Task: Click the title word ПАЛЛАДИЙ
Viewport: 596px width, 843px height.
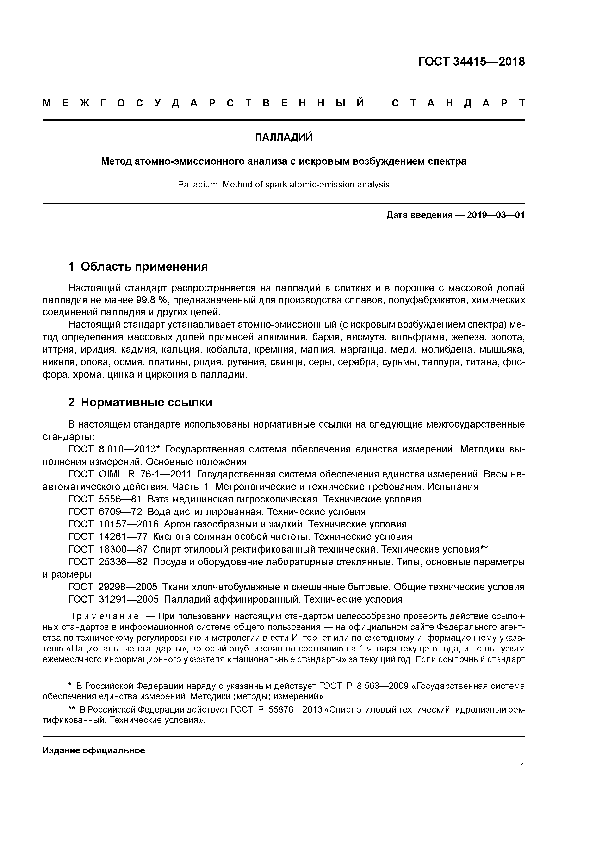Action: (284, 137)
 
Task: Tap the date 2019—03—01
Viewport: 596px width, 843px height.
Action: (496, 215)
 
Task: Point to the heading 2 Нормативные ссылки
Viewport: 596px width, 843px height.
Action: (140, 403)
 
